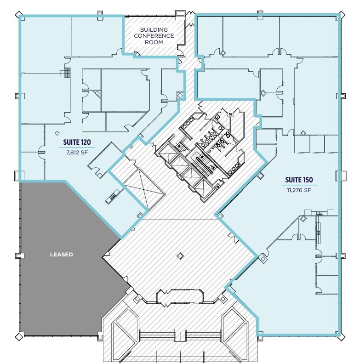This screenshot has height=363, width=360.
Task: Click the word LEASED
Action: click(x=62, y=254)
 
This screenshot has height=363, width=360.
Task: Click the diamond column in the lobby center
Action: click(x=180, y=256)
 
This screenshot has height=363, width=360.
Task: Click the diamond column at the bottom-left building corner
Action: click(x=19, y=336)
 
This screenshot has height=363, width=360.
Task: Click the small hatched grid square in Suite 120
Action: click(x=68, y=74)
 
